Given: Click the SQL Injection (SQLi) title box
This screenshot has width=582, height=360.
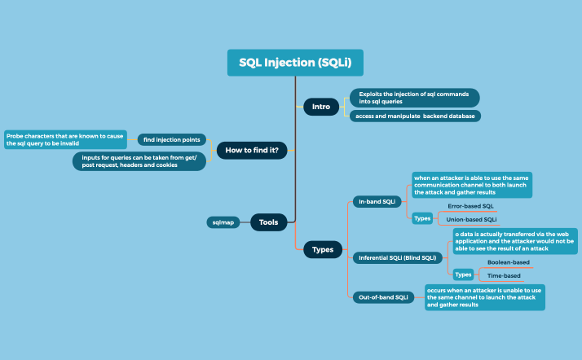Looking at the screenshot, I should [x=294, y=63].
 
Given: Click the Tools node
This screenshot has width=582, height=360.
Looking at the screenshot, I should [x=268, y=222].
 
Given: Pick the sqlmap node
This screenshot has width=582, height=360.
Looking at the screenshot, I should [x=224, y=222].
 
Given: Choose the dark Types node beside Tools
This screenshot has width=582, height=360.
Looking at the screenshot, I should [x=323, y=250].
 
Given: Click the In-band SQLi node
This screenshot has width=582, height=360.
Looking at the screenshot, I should [x=377, y=200].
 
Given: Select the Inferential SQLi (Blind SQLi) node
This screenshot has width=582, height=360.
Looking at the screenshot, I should [x=398, y=257].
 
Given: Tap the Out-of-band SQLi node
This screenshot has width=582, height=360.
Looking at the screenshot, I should [x=383, y=297].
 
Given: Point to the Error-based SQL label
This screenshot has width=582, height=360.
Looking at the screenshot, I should [x=470, y=206].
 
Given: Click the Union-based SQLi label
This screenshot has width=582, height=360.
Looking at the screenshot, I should [x=472, y=219].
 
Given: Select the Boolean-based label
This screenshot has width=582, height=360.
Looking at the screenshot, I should [x=508, y=262].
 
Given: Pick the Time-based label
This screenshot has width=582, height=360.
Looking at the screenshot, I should [x=504, y=276].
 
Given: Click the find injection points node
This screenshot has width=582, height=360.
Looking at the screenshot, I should [x=171, y=140].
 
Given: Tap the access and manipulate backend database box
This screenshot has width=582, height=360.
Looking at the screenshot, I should [x=414, y=116].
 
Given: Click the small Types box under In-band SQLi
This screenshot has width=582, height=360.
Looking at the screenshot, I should [x=422, y=218].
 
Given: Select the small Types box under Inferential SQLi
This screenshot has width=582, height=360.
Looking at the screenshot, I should [x=463, y=274].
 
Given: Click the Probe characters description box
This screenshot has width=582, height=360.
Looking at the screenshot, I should [x=65, y=139].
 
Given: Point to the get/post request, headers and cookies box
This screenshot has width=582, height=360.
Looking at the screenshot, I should [x=139, y=160].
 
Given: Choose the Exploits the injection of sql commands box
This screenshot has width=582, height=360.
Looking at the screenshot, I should [x=413, y=98].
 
